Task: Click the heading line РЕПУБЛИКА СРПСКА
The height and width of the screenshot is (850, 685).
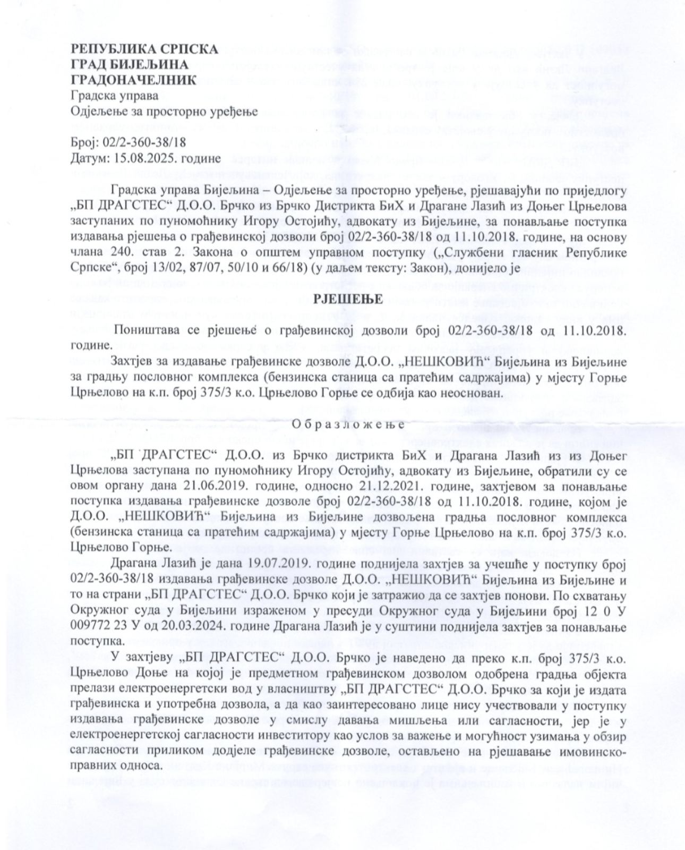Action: pyautogui.click(x=144, y=49)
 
